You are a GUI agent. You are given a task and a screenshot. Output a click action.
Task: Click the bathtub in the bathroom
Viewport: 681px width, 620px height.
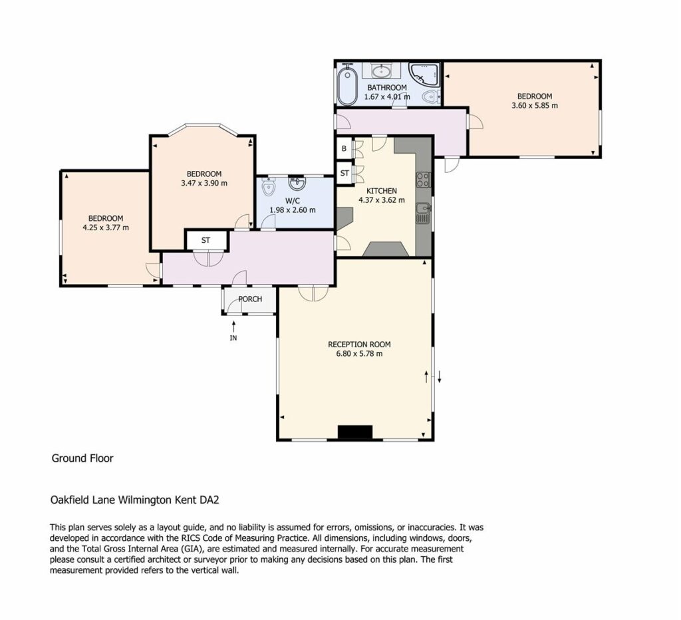(347, 84)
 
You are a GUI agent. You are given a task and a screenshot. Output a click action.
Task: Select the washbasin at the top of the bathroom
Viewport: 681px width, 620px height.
(382, 71)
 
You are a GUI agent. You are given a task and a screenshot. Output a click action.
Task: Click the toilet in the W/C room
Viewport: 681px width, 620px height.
(269, 187)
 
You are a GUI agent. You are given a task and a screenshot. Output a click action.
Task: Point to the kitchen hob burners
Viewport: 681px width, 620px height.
(423, 180)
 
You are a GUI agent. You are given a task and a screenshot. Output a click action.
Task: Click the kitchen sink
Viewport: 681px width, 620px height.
(423, 213)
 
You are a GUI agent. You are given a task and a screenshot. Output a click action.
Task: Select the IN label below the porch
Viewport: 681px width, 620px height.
(233, 338)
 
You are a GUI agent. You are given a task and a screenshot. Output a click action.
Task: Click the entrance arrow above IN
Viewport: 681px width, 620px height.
(233, 326)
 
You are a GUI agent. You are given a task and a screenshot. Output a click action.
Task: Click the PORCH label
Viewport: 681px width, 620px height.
(250, 299)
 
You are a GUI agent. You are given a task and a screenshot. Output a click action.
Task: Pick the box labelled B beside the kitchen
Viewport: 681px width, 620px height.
(344, 148)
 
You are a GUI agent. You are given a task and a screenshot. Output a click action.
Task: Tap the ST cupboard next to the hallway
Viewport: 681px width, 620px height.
(206, 240)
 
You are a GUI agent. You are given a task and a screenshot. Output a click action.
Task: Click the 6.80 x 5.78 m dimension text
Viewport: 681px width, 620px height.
(359, 354)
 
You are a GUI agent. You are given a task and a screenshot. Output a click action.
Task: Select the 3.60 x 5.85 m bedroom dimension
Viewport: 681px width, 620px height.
(535, 106)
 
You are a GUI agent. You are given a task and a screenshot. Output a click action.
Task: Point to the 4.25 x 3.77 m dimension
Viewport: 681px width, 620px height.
(106, 228)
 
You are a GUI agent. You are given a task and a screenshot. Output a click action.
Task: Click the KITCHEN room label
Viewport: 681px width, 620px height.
(382, 191)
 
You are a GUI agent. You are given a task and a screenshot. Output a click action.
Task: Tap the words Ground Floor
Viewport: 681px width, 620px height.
(82, 458)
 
